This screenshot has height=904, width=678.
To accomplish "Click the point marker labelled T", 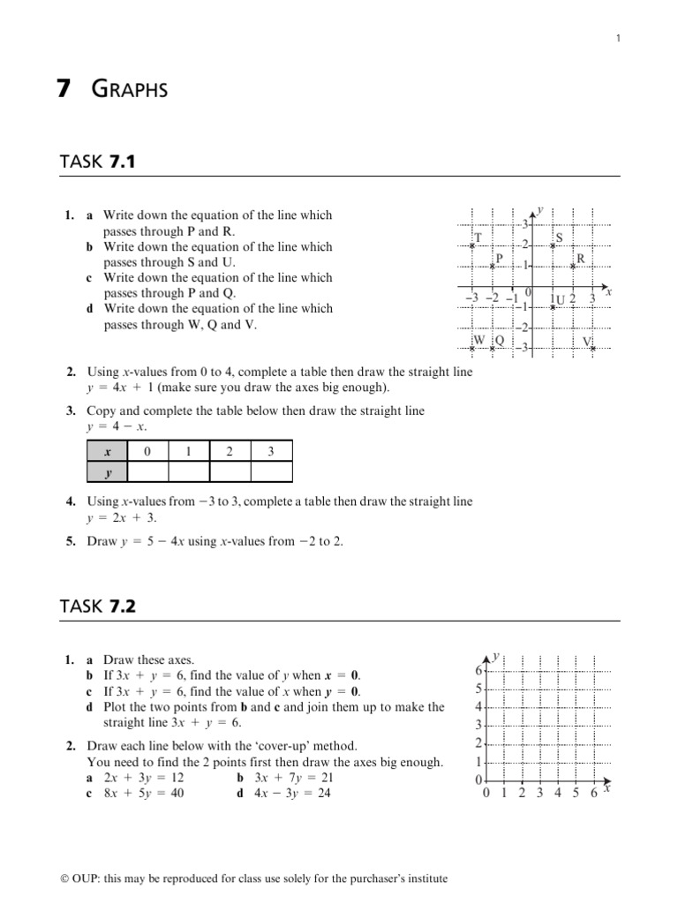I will (x=472, y=245).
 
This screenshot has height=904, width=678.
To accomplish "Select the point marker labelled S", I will (x=553, y=245).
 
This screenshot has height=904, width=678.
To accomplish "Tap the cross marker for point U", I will (x=553, y=306).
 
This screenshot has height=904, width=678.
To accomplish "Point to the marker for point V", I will (x=593, y=348).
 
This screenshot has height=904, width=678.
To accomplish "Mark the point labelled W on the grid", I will (x=472, y=348).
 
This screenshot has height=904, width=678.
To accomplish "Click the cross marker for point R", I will (x=573, y=266).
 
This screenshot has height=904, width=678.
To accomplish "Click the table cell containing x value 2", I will (x=230, y=451).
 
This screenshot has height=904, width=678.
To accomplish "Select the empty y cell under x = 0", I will (x=147, y=472).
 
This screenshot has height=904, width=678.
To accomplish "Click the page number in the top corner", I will (x=619, y=38).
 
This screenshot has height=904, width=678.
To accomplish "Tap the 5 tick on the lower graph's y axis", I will (x=479, y=689).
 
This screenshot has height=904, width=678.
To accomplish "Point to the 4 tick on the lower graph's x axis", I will (x=557, y=793).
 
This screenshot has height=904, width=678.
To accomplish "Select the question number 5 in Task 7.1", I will (x=70, y=541).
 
